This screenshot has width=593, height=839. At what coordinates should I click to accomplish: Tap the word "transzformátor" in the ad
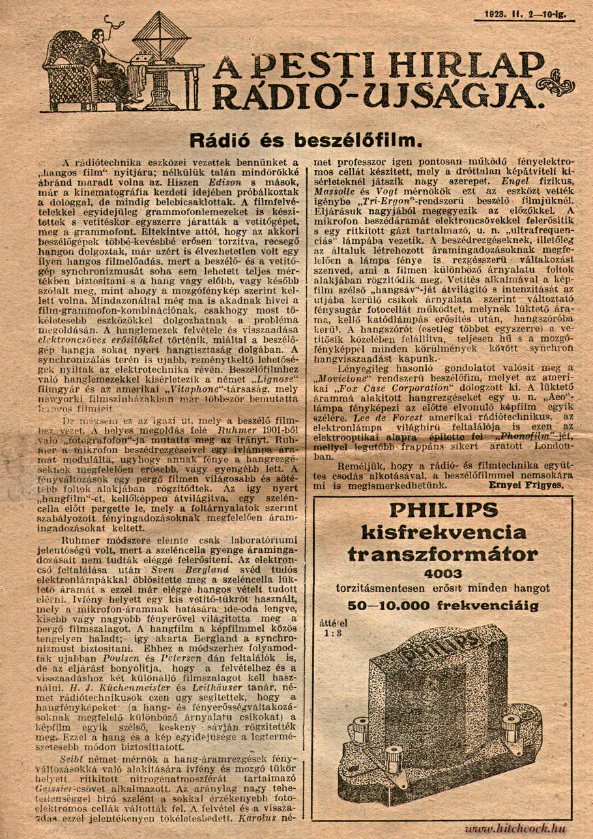443,554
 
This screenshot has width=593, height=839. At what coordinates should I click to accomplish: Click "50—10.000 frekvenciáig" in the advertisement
443,605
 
